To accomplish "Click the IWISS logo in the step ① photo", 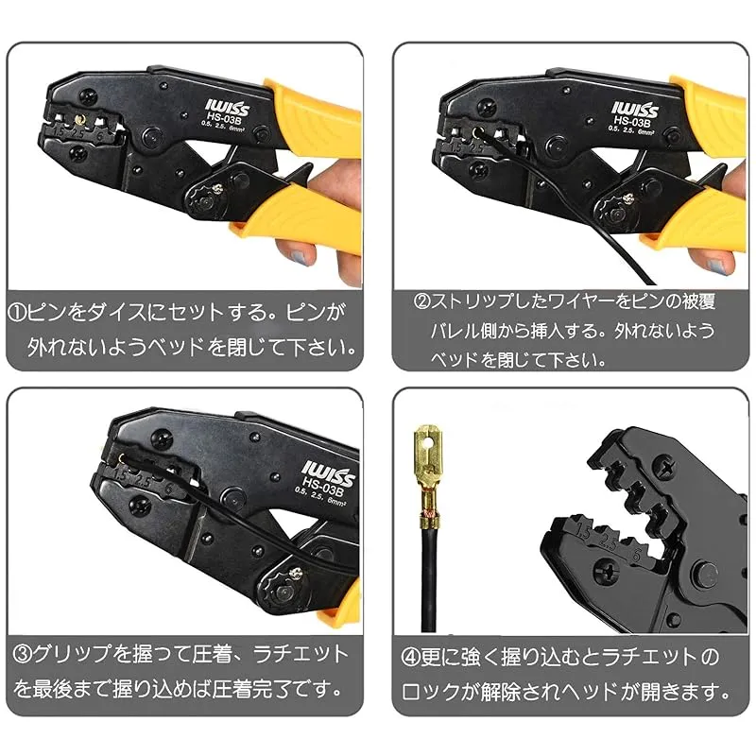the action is click(227, 107).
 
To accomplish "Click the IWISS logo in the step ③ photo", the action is click(328, 473).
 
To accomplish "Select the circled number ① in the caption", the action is click(17, 313).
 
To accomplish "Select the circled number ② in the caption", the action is click(421, 301).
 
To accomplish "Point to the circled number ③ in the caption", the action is click(23, 654).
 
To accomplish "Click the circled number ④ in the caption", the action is click(410, 657).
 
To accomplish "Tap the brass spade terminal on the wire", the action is click(428, 472).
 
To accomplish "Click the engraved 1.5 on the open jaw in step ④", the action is click(583, 531).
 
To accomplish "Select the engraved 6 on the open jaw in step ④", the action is click(637, 556).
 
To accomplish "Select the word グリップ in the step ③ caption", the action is click(72, 654).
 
